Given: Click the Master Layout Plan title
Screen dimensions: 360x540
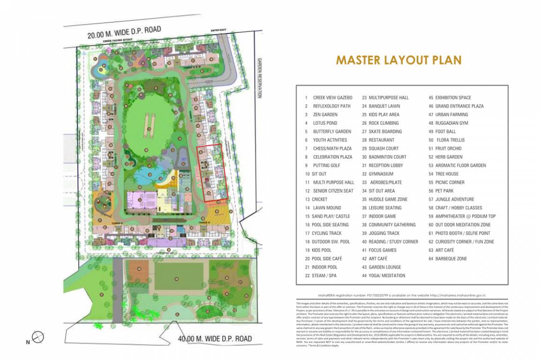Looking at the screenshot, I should (x=398, y=60).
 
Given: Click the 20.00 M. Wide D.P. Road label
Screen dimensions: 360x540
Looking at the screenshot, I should (x=124, y=32).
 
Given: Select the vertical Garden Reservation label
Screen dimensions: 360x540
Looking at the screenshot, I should (x=258, y=77).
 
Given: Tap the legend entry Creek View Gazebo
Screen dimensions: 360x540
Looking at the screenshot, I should (x=331, y=97).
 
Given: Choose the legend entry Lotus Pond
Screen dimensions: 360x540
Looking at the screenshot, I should (x=325, y=123).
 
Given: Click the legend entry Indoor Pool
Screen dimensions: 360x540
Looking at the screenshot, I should (x=325, y=267).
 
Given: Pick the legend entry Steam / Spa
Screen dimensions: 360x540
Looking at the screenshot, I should (x=324, y=276).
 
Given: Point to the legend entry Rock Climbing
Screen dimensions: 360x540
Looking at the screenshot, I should (x=383, y=123).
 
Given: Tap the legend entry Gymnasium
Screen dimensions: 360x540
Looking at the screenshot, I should (x=381, y=174).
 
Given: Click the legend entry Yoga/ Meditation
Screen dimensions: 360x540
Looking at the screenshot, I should (x=387, y=276).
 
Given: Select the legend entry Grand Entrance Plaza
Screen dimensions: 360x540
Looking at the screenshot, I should (x=459, y=106).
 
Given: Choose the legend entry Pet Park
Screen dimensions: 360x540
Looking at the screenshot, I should (x=444, y=191).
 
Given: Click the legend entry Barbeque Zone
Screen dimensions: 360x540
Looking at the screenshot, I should (x=451, y=259).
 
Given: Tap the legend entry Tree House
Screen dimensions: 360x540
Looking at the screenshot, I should (x=447, y=174).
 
